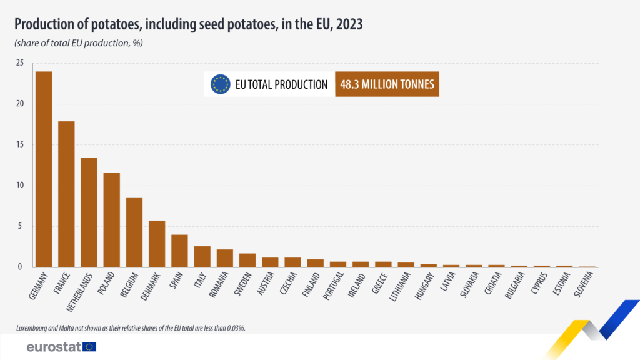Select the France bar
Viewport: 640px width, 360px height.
click(x=66, y=194)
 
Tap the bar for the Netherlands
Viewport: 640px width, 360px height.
click(x=89, y=212)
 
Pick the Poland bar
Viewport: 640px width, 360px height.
click(x=112, y=219)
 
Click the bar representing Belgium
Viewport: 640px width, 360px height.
click(x=134, y=232)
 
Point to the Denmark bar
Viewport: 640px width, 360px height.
click(x=157, y=244)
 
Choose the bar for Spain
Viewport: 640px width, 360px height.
click(x=179, y=251)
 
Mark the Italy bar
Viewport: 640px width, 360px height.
click(x=202, y=256)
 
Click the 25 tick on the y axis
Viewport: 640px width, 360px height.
click(x=20, y=63)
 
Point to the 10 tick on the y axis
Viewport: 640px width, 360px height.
click(x=20, y=186)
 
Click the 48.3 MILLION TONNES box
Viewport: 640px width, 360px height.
click(x=387, y=84)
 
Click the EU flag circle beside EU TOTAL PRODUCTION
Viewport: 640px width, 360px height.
click(x=221, y=84)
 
